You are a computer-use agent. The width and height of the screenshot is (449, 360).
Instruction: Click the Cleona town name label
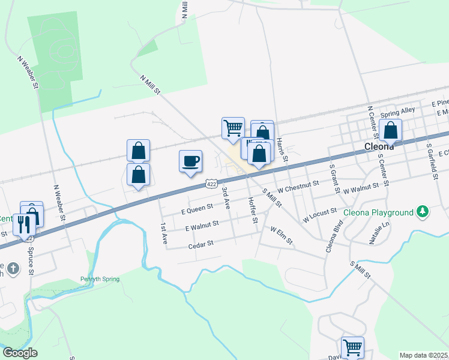click(x=379, y=146)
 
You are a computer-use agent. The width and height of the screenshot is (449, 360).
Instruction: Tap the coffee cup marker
click(x=190, y=161)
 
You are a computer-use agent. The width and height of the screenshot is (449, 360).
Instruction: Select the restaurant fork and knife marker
click(x=24, y=225)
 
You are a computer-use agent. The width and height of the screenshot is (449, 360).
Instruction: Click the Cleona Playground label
click(x=378, y=212)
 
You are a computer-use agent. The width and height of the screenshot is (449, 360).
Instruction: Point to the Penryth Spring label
click(x=100, y=279)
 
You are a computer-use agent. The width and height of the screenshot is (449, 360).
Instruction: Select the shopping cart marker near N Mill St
click(x=233, y=128)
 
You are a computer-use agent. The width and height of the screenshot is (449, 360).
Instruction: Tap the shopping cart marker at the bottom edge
click(x=352, y=347)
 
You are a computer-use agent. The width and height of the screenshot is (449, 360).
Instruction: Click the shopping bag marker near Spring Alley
click(x=391, y=130)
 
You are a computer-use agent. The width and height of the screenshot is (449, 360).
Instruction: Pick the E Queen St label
click(x=197, y=208)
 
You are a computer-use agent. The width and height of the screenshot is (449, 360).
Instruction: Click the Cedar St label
click(x=201, y=244)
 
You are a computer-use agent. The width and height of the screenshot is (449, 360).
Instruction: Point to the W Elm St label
click(x=281, y=235)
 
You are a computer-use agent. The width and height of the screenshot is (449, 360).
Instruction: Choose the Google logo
click(x=20, y=352)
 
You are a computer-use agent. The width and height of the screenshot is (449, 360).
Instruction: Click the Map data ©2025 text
click(x=423, y=355)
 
